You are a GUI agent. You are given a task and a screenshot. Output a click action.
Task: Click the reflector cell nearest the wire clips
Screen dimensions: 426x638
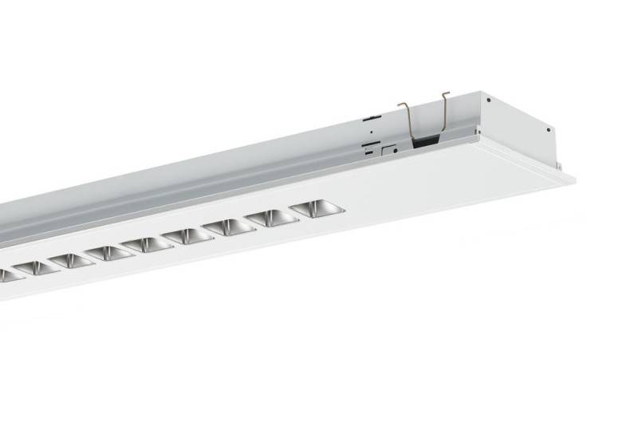(x=317, y=210)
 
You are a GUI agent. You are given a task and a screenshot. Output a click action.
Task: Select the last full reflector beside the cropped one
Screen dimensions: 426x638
(x=37, y=267)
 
